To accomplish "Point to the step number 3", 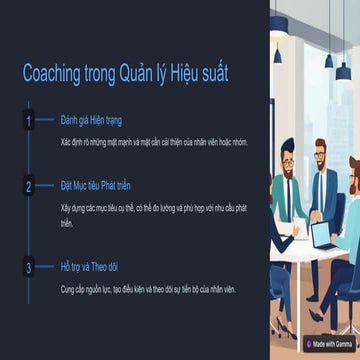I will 29,267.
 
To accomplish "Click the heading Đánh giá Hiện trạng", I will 91,121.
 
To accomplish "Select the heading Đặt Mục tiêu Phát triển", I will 95,186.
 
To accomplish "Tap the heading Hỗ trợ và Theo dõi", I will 89,266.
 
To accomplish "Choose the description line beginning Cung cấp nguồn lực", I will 147,288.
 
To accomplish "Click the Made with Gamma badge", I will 330,343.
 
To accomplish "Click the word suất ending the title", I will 214,75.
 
